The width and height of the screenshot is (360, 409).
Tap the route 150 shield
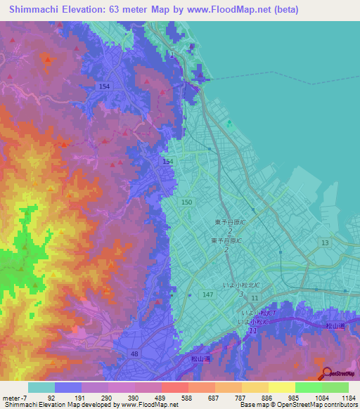click(x=186, y=202)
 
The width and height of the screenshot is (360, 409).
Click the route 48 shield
click(x=134, y=354)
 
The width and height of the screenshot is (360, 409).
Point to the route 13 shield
click(x=324, y=242)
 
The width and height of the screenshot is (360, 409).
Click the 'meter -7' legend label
click(x=14, y=397)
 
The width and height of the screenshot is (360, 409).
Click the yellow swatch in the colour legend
click(x=281, y=387)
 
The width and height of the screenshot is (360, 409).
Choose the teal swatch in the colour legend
click(x=41, y=387)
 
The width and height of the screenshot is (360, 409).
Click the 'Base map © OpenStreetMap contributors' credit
click(x=297, y=405)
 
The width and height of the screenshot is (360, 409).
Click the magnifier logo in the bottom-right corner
click(x=325, y=373)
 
